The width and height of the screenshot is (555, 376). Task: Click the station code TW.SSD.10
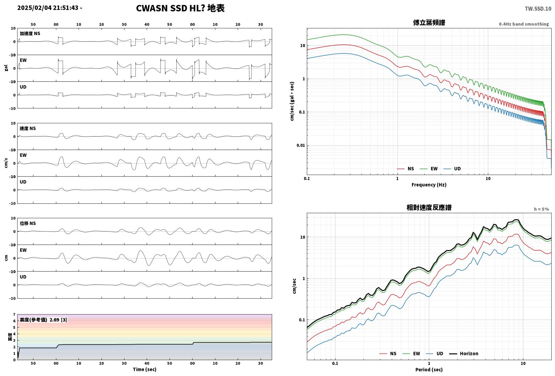(538, 9)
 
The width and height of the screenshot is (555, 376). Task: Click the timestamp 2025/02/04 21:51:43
(48, 8)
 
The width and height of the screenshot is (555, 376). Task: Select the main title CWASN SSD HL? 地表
(180, 8)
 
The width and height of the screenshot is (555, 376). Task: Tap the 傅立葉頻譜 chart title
(429, 23)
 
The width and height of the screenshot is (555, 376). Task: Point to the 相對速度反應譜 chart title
(429, 207)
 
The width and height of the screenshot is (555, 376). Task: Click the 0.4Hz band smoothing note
(524, 24)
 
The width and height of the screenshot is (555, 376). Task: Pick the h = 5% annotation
(542, 209)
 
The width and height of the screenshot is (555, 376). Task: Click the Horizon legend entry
(464, 353)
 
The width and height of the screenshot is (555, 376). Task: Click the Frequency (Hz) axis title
(429, 185)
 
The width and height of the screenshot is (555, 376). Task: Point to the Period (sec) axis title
(429, 370)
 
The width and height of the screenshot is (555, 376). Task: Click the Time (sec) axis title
(145, 369)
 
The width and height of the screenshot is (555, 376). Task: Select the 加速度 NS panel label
(30, 33)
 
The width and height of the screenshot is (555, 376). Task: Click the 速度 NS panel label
(28, 128)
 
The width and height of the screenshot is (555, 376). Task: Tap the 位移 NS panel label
(28, 223)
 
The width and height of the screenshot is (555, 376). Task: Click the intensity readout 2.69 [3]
(58, 320)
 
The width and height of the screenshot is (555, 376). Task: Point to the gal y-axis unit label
(6, 68)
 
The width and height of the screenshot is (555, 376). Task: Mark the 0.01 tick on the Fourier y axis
(301, 145)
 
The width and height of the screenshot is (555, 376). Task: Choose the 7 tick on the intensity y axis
(14, 315)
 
